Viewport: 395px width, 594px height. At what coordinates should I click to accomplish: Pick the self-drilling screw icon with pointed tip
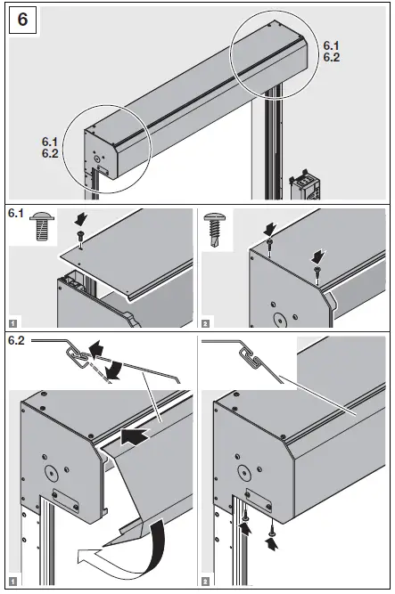click(216, 227)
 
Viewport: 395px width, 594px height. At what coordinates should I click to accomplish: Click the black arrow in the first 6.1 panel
click(80, 218)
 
